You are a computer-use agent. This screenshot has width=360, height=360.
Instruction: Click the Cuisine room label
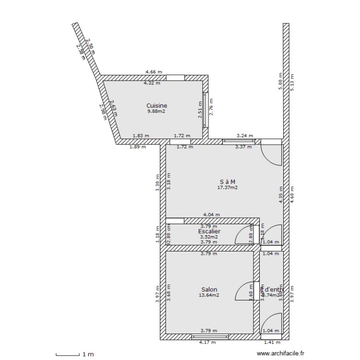point(156,105)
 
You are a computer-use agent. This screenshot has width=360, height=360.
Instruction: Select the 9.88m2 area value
point(156,111)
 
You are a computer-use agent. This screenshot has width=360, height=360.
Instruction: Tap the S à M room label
point(228,181)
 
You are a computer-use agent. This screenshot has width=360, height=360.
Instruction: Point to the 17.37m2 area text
point(228,187)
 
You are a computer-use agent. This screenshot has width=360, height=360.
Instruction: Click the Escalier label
point(209,231)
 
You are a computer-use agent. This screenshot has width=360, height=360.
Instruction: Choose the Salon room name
point(209,289)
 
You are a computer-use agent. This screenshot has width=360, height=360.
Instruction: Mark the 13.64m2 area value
point(209,295)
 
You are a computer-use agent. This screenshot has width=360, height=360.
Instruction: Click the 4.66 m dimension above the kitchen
point(154,72)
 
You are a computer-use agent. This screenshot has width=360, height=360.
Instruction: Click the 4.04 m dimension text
point(211,215)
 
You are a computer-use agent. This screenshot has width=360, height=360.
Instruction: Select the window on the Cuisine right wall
point(206,109)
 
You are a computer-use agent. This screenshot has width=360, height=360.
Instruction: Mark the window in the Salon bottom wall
point(209,336)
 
